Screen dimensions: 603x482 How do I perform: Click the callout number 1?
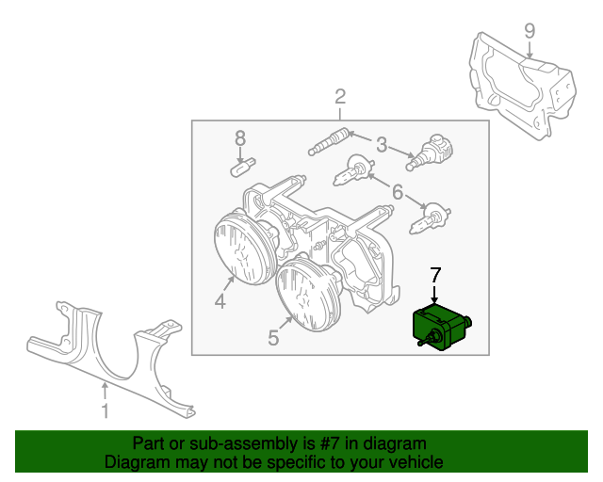point(105,410)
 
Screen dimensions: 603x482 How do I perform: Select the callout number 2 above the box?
point(340,97)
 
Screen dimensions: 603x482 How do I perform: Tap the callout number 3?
point(381,145)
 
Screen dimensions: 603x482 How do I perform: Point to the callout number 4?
point(220,301)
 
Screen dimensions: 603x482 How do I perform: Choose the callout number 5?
point(273,338)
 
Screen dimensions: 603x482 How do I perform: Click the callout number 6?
point(398,192)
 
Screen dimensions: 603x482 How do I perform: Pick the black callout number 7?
point(435,275)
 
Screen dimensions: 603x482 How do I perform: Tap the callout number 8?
point(240,138)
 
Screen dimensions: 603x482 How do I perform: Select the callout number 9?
point(530,31)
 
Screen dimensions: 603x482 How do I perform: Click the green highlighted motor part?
point(442,327)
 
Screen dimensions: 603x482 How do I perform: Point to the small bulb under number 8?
point(243,168)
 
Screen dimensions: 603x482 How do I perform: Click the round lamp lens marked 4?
point(243,249)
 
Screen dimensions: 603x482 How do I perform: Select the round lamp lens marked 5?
point(308,294)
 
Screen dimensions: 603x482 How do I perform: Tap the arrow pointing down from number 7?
point(435,296)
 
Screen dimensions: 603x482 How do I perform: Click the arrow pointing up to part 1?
point(105,392)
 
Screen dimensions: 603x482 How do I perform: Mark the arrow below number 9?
point(530,50)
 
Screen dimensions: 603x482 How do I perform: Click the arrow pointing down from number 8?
point(240,156)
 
